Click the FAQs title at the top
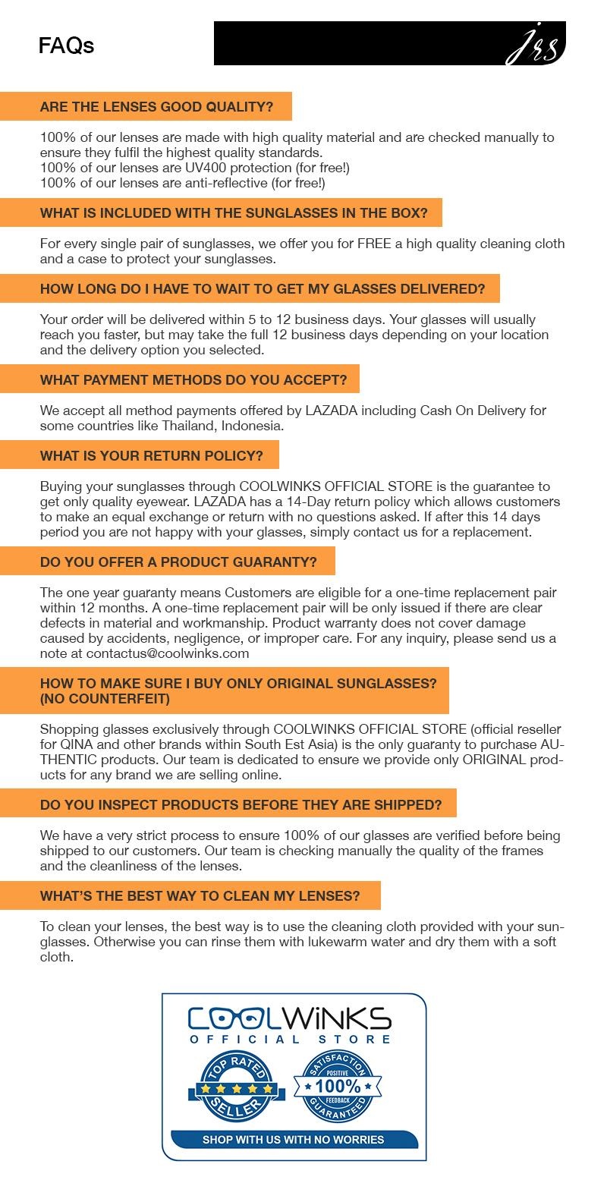tap(66, 46)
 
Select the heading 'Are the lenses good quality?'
tap(156, 107)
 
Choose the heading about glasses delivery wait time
tap(262, 289)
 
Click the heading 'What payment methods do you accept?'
tap(193, 379)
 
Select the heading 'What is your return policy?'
tap(152, 456)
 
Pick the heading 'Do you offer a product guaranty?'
tap(178, 562)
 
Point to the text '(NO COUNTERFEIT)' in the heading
tap(105, 698)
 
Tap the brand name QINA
tap(76, 744)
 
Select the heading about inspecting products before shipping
tap(241, 804)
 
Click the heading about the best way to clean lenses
tap(200, 896)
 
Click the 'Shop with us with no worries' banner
tap(293, 1139)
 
